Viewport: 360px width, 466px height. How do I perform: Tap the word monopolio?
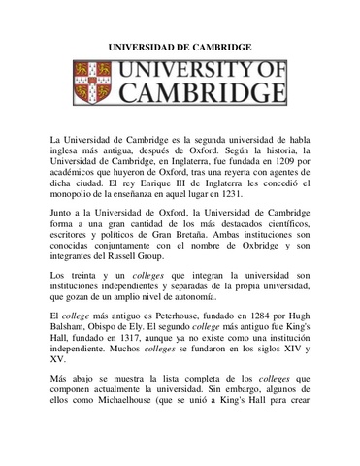tap(81, 194)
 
